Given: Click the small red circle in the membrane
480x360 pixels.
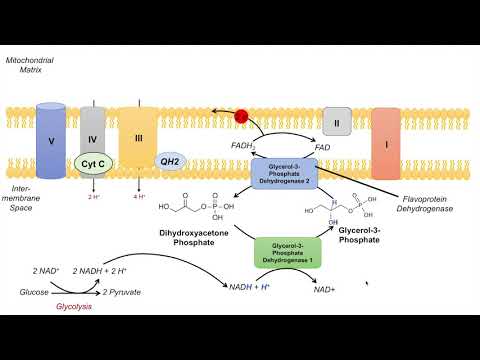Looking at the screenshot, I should click(x=240, y=118).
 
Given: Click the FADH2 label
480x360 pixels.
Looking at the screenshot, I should click(x=244, y=147).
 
